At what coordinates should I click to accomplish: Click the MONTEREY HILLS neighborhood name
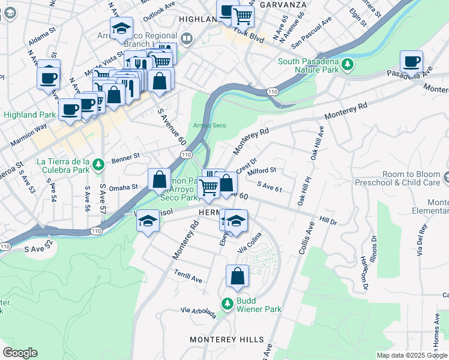pos(226,340)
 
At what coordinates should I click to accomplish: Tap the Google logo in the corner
pos(20,353)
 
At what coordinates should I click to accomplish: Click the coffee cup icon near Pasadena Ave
pos(411,61)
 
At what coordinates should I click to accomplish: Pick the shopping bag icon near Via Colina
pos(237,276)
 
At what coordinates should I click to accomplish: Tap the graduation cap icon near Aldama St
pos(121,28)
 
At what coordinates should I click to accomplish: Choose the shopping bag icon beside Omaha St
pos(160,179)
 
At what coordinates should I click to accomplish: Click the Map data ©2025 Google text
pos(412,355)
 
